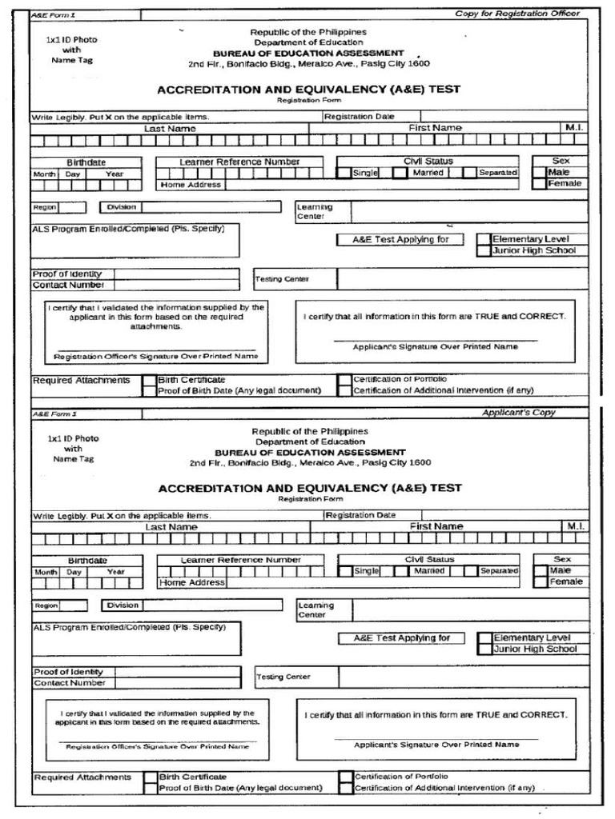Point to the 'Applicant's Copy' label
[518, 413]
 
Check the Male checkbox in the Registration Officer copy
[540, 173]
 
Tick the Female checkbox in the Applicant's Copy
[541, 582]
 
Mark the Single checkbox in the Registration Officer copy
[344, 173]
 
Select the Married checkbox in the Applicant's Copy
[400, 572]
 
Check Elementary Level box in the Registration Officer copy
[483, 239]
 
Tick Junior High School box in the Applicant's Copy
[484, 649]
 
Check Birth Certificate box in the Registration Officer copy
[149, 380]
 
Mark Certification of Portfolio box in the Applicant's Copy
[345, 777]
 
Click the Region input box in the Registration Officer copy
[72, 207]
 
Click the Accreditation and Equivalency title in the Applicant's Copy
[309, 488]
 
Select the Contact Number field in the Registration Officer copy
[175, 285]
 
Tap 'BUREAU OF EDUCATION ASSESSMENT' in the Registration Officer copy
[308, 53]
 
